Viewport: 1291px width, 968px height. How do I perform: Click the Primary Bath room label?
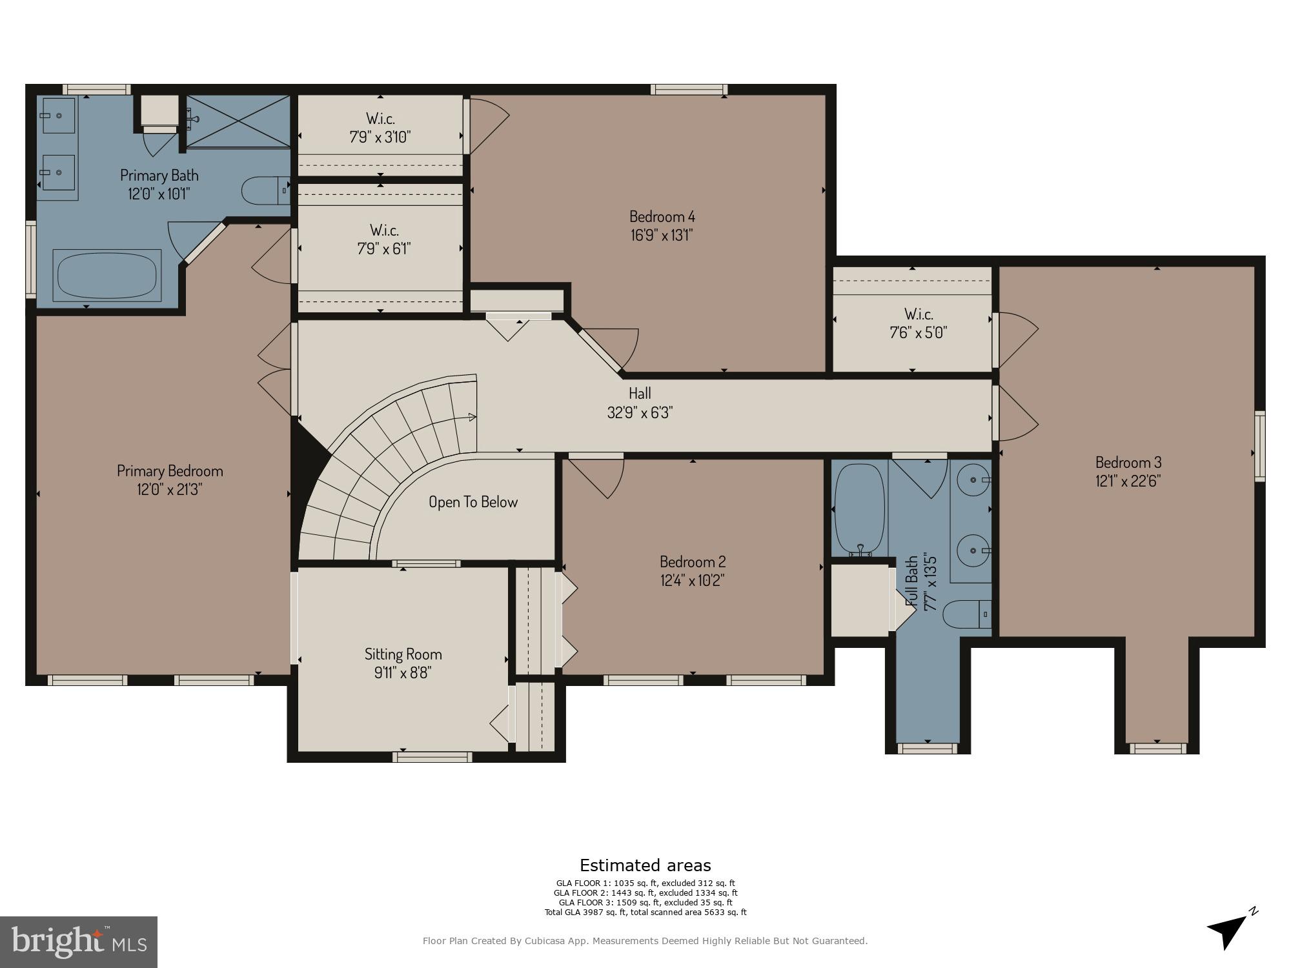click(159, 176)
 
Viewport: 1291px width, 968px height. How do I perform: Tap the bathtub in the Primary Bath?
click(108, 275)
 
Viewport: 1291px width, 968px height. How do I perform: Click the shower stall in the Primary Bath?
click(238, 121)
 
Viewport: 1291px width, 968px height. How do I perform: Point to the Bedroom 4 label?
click(662, 216)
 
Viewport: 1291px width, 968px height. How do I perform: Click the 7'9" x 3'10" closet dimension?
click(380, 137)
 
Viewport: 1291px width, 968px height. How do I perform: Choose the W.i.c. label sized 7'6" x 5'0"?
click(919, 314)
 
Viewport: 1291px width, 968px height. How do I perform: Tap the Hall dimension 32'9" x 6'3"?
click(640, 412)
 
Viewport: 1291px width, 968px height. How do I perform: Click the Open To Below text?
click(473, 502)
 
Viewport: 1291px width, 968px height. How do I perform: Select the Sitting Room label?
click(403, 654)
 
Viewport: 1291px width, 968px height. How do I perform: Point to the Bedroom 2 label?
click(693, 561)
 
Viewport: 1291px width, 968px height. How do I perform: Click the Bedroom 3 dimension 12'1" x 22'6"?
click(1128, 481)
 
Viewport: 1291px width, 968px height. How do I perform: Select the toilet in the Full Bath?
click(967, 614)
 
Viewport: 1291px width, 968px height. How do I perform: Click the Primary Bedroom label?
click(170, 471)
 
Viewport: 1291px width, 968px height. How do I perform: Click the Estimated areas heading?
click(645, 865)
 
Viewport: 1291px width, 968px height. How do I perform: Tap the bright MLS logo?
click(79, 942)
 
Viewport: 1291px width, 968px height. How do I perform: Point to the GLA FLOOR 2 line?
click(645, 893)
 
